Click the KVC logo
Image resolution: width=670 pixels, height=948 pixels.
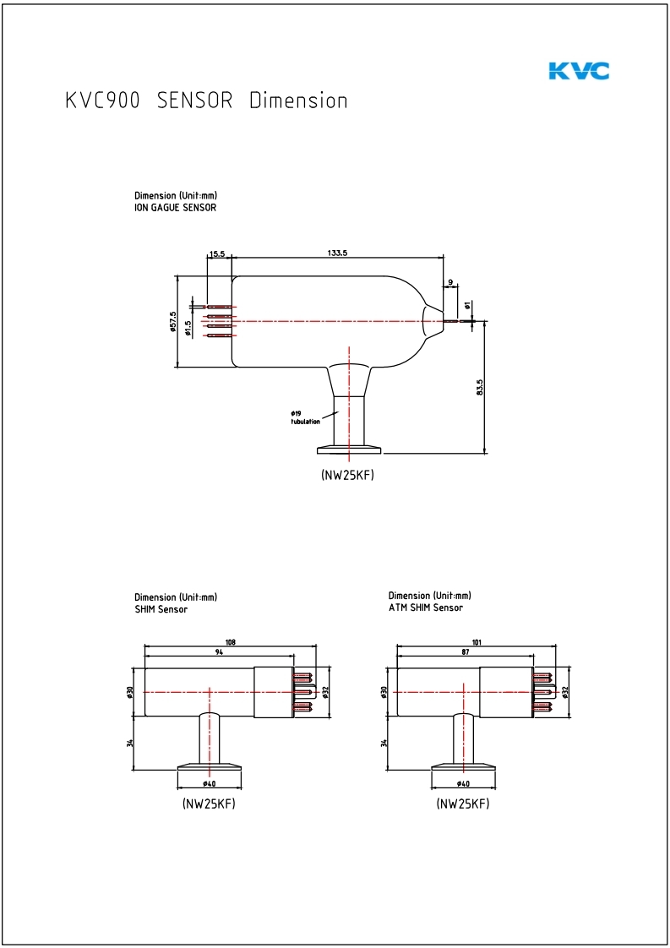click(579, 71)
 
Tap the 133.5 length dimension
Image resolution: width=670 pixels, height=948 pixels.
click(338, 253)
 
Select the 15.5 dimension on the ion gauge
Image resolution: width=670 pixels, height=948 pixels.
click(218, 253)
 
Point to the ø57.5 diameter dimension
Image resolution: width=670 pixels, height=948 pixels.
click(172, 321)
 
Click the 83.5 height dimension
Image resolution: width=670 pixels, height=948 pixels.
click(480, 387)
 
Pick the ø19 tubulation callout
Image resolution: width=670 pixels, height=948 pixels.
click(305, 417)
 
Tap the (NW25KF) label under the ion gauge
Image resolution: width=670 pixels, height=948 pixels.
click(347, 475)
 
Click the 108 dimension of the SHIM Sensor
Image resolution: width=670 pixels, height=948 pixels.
click(231, 642)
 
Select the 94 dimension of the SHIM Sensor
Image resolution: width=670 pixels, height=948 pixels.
click(220, 653)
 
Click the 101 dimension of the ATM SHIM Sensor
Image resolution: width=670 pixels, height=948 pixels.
click(477, 642)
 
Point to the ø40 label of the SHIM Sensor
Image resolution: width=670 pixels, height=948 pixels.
click(210, 784)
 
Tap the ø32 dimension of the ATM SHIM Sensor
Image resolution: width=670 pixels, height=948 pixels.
click(565, 691)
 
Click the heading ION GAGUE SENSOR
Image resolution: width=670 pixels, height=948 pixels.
click(175, 207)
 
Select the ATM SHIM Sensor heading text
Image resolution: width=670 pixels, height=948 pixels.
click(426, 607)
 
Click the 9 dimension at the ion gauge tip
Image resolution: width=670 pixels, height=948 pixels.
click(451, 282)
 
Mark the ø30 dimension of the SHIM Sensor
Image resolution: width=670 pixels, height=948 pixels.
click(131, 691)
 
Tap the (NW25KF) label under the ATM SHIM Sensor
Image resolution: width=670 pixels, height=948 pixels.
click(463, 804)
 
